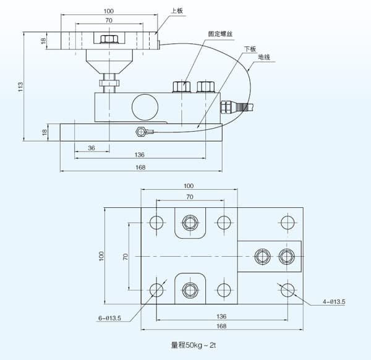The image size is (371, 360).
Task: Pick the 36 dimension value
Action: pyautogui.click(x=91, y=148)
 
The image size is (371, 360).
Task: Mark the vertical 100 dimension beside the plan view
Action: pyautogui.click(x=103, y=255)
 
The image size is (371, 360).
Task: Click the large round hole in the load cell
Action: pyautogui.click(x=144, y=105)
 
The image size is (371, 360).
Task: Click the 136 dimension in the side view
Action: pyautogui.click(x=139, y=155)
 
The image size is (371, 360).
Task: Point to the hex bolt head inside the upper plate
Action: pyautogui.click(x=109, y=40)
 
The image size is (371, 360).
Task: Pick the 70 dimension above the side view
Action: pyautogui.click(x=109, y=20)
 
